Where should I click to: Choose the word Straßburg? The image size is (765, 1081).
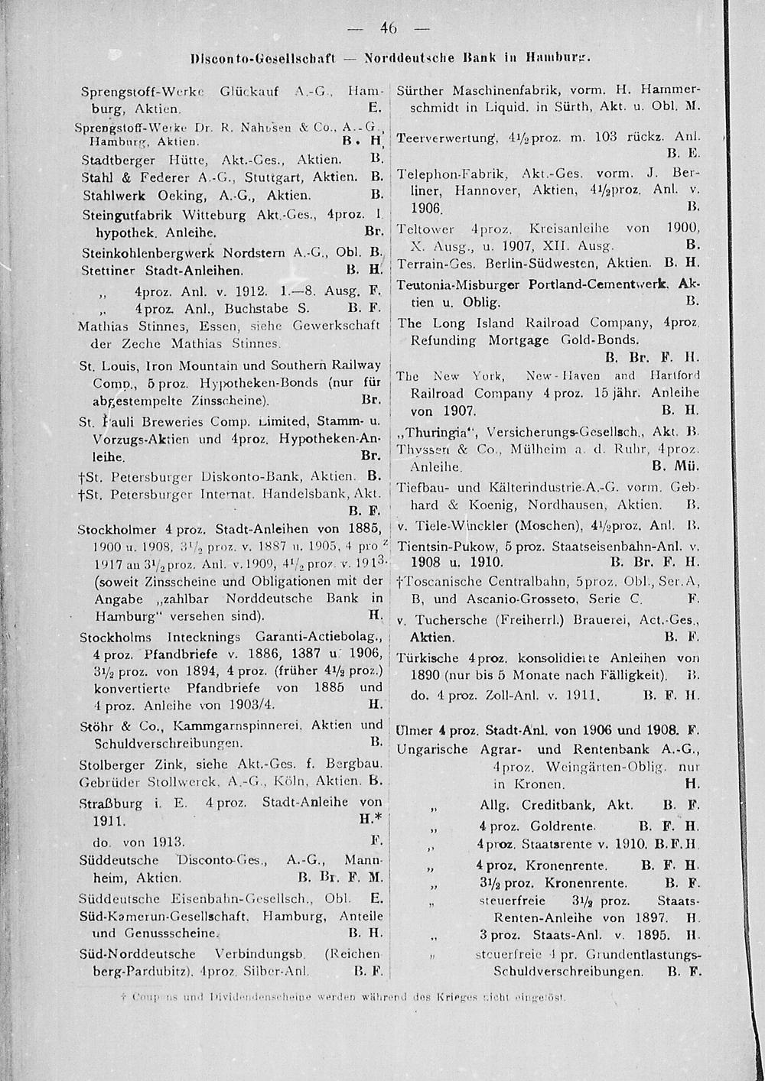click(x=111, y=803)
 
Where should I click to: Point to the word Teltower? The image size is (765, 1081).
click(x=426, y=229)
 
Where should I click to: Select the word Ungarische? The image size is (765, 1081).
click(x=435, y=749)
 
